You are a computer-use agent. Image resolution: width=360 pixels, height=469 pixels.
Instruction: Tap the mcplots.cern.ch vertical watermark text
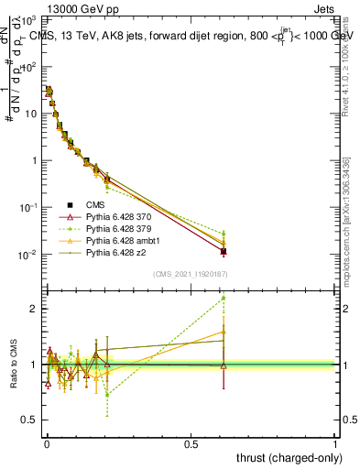click(x=345, y=220)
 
